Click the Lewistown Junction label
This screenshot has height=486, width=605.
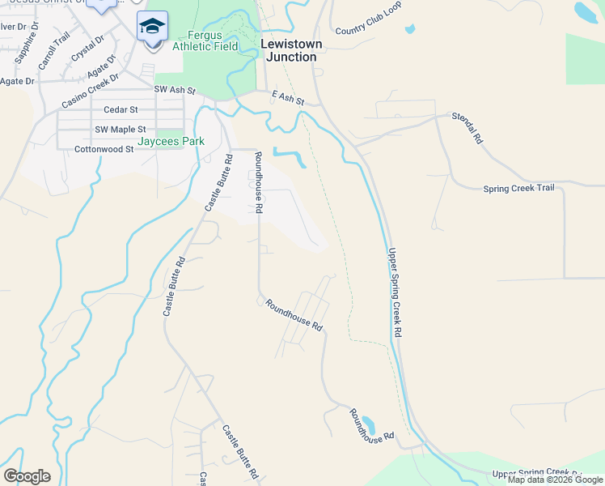point(289,50)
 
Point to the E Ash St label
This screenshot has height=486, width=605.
point(287,98)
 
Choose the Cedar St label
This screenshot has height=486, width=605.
point(121,109)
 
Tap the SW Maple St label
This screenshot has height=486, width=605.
point(121,130)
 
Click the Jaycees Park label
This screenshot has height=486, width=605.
point(171,141)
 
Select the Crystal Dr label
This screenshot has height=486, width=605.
point(87,48)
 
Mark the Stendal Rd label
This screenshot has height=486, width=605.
point(467,128)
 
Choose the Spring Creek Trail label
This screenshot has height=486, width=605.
point(518,189)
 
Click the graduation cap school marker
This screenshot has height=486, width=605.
point(153,27)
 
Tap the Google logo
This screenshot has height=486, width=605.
point(27,476)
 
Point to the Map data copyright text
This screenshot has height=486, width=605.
point(556,480)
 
